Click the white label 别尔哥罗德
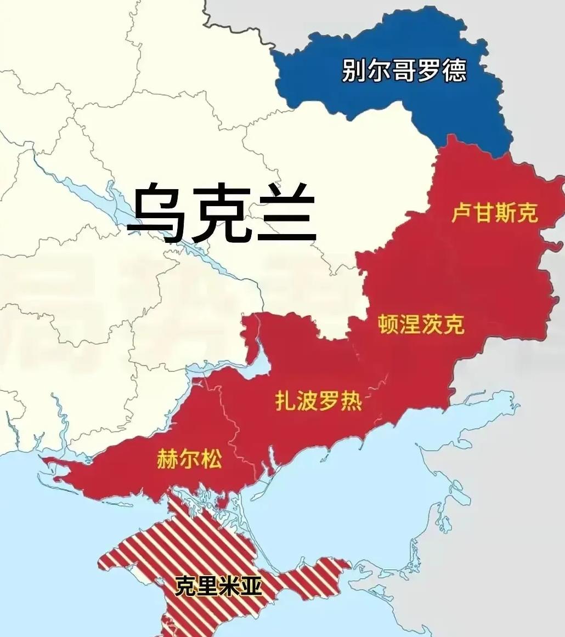404,71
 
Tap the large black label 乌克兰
222,212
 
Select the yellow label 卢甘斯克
494,213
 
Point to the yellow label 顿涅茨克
421,325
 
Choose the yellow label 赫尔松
190,458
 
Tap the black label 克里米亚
218,587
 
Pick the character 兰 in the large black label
287,212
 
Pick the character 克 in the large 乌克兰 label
222,212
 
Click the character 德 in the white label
455,71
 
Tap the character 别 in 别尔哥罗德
354,71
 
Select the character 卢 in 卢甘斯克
462,213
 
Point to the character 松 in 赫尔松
212,458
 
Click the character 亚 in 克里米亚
250,587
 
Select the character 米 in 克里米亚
229,587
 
